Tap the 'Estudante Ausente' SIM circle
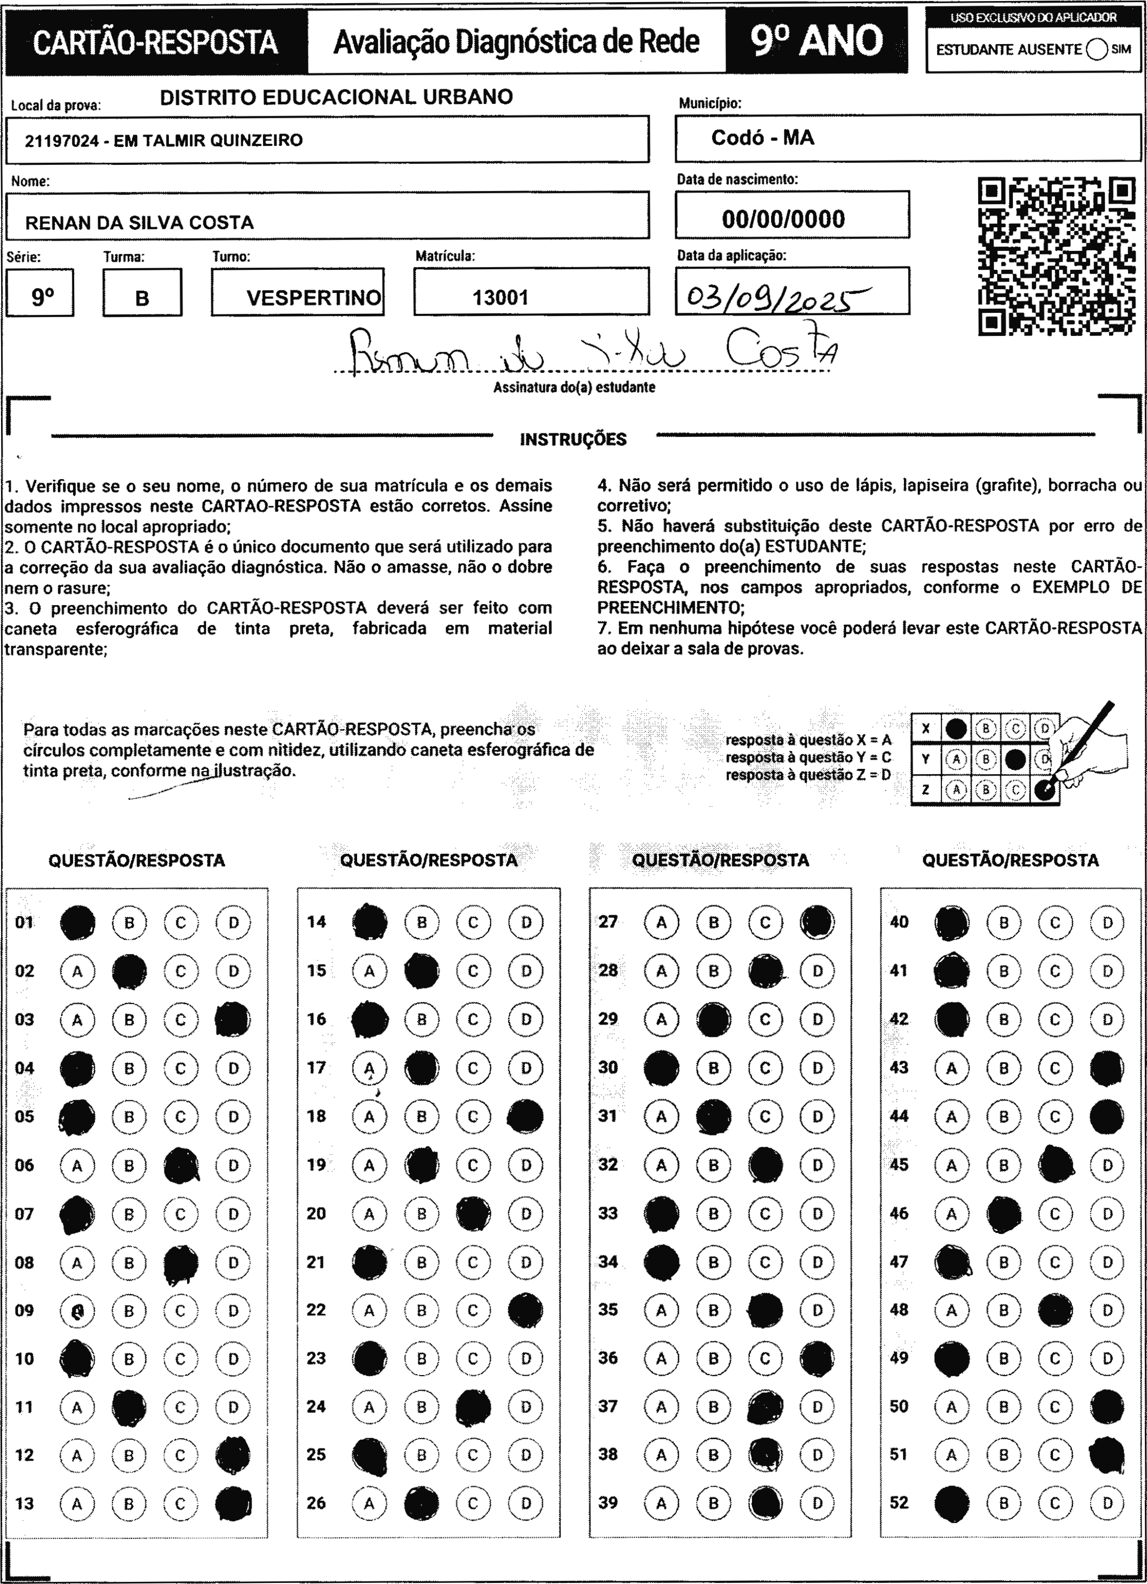pos(1097,50)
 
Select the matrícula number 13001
pos(500,298)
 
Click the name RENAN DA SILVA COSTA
pos(139,223)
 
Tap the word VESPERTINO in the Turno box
pos(314,298)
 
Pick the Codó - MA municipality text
pos(762,138)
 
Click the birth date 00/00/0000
pos(783,219)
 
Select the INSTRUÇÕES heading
pos(573,439)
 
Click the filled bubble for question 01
pos(77,923)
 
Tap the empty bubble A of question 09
pos(77,1311)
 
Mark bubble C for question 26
pos(473,1503)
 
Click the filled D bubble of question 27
pos(817,922)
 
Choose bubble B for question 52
pos(1003,1503)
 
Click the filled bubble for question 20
pos(473,1214)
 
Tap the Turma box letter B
pos(142,298)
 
